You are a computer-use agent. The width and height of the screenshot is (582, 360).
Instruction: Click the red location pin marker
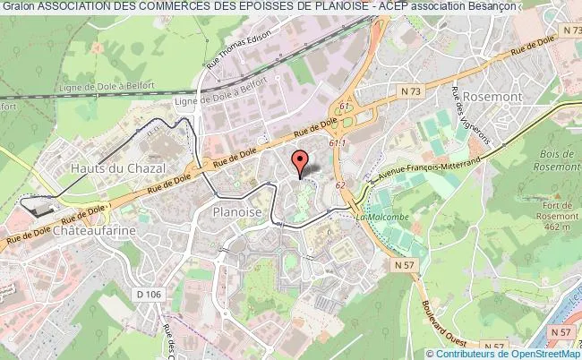300,162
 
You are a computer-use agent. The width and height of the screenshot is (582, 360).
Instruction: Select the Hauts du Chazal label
110,167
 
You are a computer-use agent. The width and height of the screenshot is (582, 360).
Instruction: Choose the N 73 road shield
411,91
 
